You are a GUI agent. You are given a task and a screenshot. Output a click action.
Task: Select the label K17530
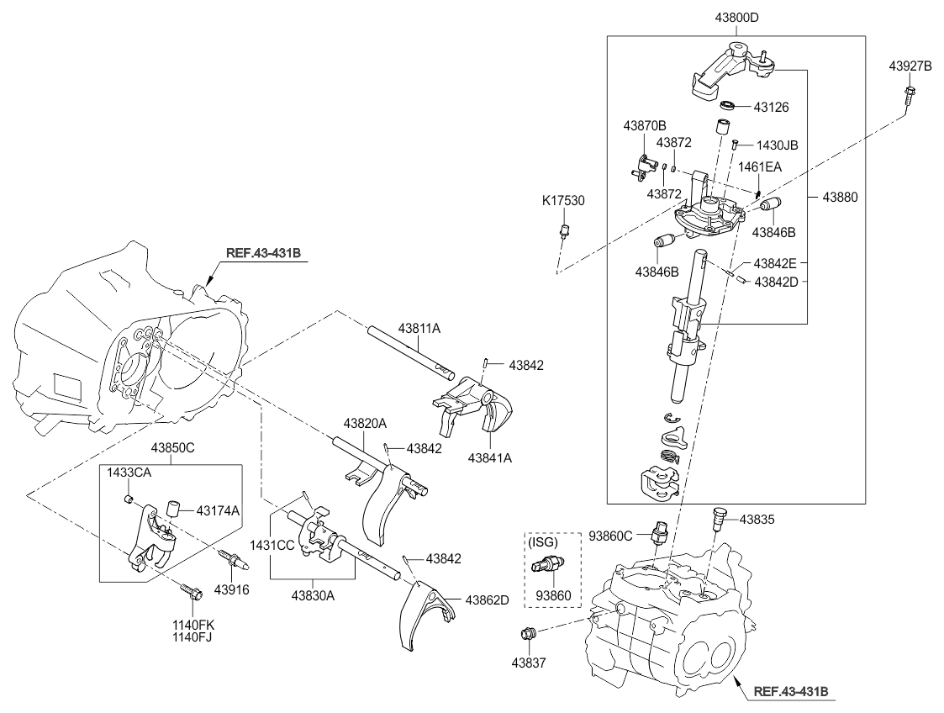pos(563,201)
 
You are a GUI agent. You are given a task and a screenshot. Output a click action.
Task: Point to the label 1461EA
pos(760,166)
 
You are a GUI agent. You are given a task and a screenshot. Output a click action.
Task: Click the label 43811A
pos(419,328)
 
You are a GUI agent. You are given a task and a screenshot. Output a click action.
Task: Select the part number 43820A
pos(365,422)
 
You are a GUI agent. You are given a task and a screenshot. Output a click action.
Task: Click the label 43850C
pos(172,448)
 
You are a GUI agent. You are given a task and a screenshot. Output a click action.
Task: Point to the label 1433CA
pos(129,473)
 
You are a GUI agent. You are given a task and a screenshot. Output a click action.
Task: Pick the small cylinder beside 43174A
pos(172,508)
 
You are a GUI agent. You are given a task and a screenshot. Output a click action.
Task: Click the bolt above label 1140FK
pos(190,593)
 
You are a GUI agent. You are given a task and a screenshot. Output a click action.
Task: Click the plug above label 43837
pos(528,636)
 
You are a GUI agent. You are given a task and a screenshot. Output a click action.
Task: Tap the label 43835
pos(758,520)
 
